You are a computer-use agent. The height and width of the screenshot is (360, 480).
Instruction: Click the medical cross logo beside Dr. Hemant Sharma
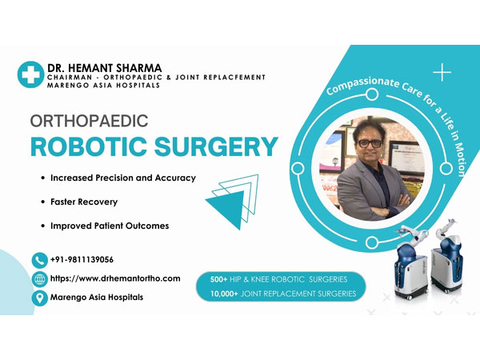click(x=30, y=74)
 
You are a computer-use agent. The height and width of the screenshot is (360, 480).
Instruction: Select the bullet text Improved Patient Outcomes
click(x=109, y=226)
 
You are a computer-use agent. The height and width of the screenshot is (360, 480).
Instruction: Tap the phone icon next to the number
click(x=40, y=259)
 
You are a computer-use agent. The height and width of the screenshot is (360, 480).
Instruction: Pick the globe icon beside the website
click(x=40, y=279)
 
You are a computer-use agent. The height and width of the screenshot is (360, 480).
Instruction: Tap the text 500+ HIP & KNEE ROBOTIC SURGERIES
click(x=278, y=279)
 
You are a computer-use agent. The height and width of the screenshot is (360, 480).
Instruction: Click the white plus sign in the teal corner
click(x=442, y=74)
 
